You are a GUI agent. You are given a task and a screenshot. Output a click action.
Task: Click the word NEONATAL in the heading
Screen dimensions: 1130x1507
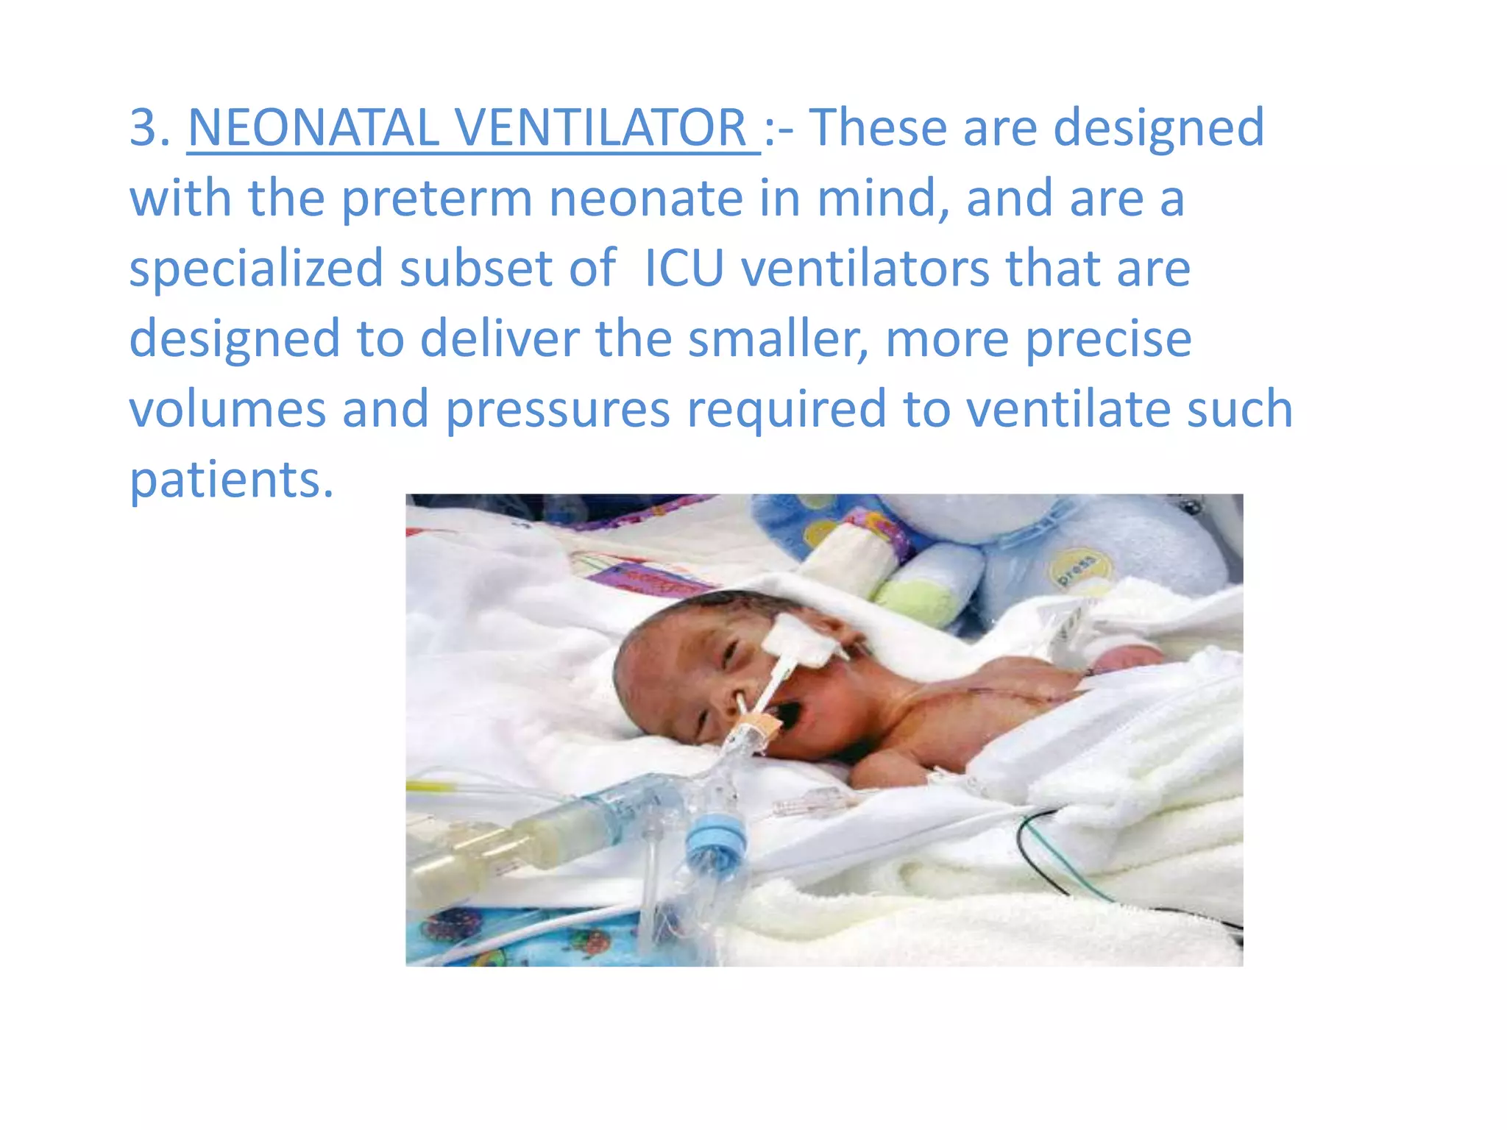[x=313, y=128]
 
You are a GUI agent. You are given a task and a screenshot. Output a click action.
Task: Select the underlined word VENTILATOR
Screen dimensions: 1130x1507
[x=602, y=128]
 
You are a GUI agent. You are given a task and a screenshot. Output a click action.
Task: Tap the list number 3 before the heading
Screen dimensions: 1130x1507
[x=145, y=128]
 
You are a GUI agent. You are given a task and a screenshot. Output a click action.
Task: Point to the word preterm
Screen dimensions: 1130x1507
[x=437, y=199]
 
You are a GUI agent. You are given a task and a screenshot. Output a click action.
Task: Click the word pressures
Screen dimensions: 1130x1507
[x=558, y=411]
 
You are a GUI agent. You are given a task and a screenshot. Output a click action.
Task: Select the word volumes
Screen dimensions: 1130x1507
[x=227, y=409]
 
